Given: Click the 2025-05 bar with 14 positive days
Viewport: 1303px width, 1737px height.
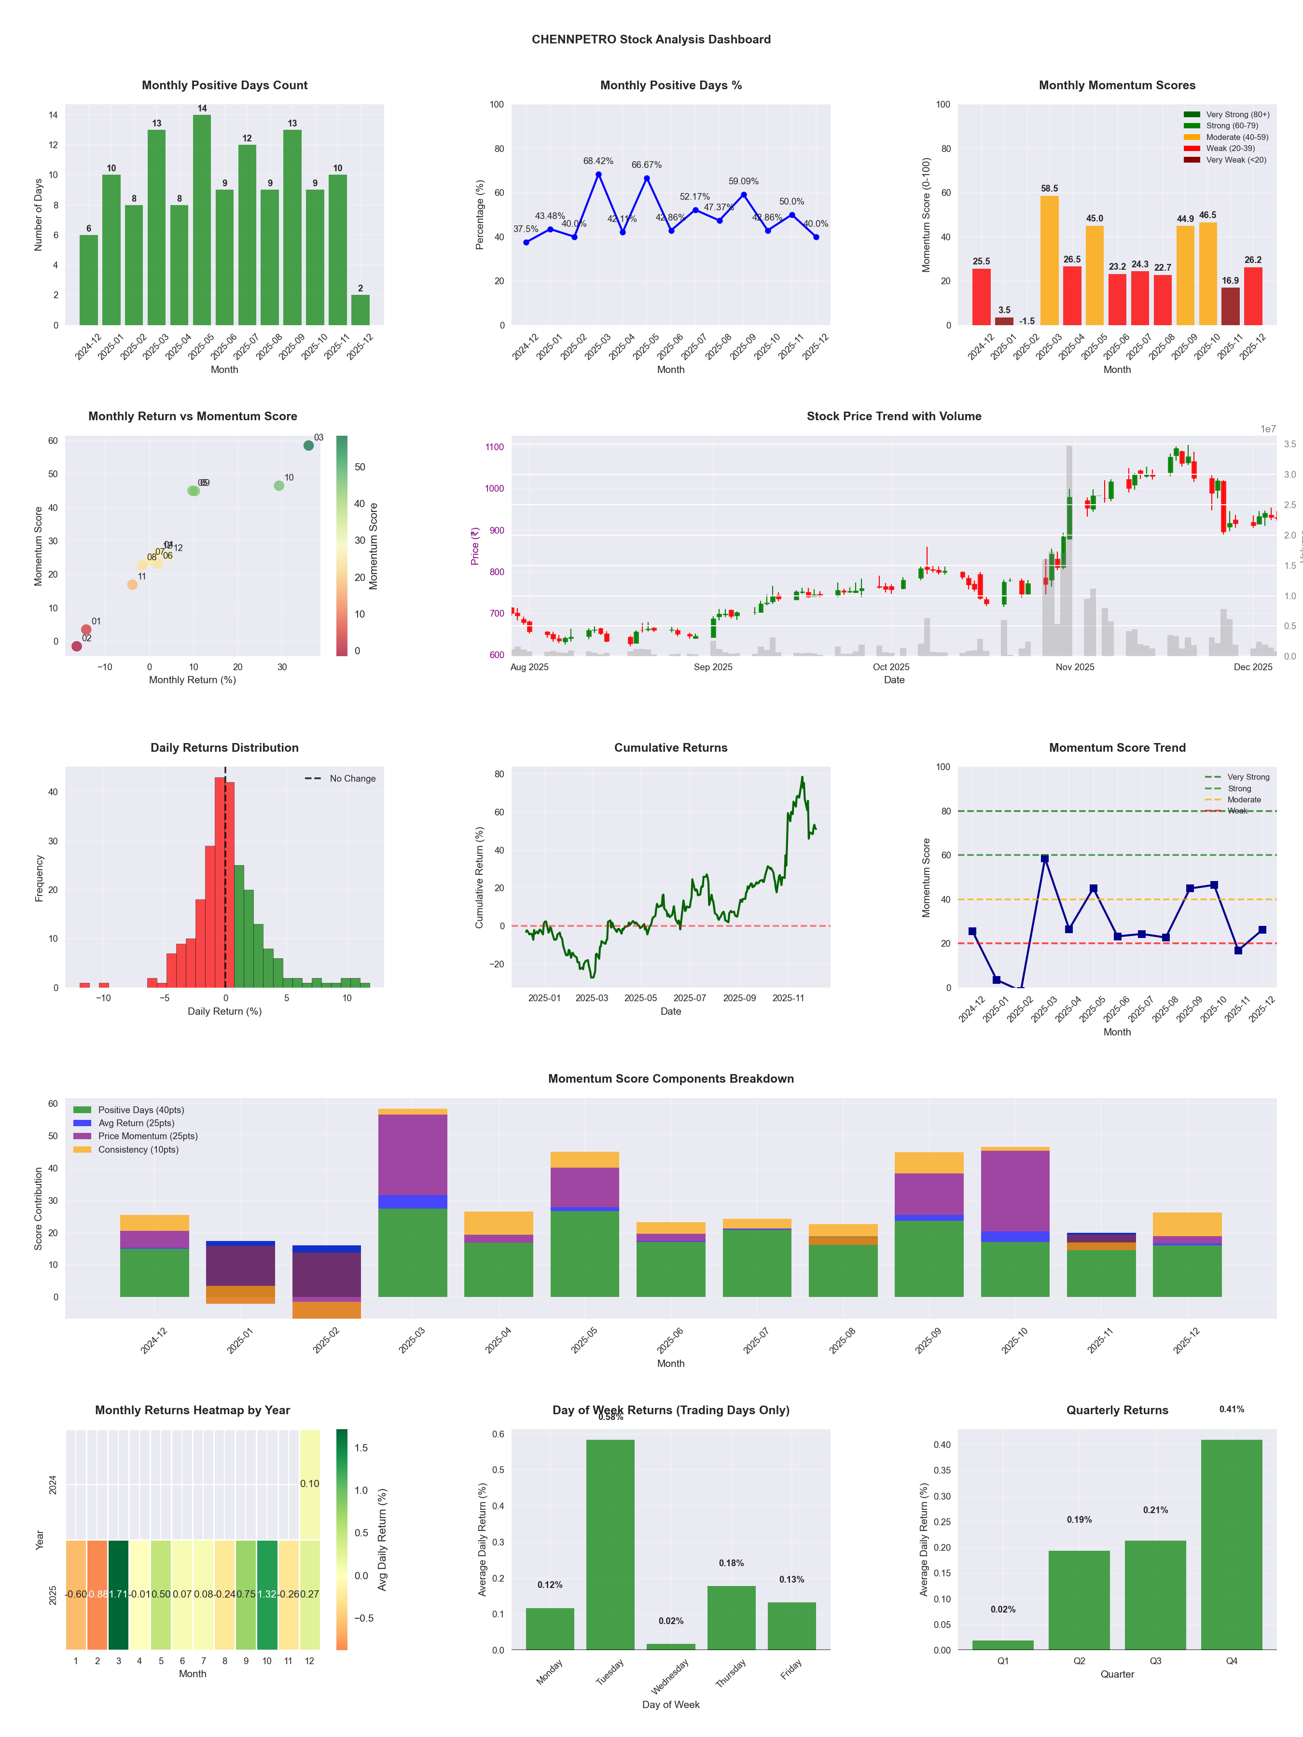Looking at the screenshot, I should point(202,220).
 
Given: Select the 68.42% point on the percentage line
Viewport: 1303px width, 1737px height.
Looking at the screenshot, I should point(598,174).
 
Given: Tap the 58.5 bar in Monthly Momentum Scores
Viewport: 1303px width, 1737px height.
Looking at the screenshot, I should point(1049,260).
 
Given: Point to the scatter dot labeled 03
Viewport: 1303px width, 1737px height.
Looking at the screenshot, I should point(309,445).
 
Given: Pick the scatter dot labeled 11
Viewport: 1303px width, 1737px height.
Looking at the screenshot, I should point(132,584).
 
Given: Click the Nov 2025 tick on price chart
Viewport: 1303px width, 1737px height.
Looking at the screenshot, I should point(1074,667).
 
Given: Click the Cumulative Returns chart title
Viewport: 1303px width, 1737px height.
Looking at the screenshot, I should point(671,747).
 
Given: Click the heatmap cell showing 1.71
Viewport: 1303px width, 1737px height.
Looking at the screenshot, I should point(119,1594).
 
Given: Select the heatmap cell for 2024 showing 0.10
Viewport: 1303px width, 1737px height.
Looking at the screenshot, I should point(309,1483).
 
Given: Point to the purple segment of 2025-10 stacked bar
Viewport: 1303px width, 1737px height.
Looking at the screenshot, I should point(1015,1190).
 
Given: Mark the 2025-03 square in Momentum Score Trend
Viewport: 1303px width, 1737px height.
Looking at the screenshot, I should point(1045,859).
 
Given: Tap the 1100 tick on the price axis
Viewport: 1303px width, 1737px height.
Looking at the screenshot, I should point(495,447).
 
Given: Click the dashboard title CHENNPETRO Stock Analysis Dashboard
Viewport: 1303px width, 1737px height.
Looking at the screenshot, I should point(651,39).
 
